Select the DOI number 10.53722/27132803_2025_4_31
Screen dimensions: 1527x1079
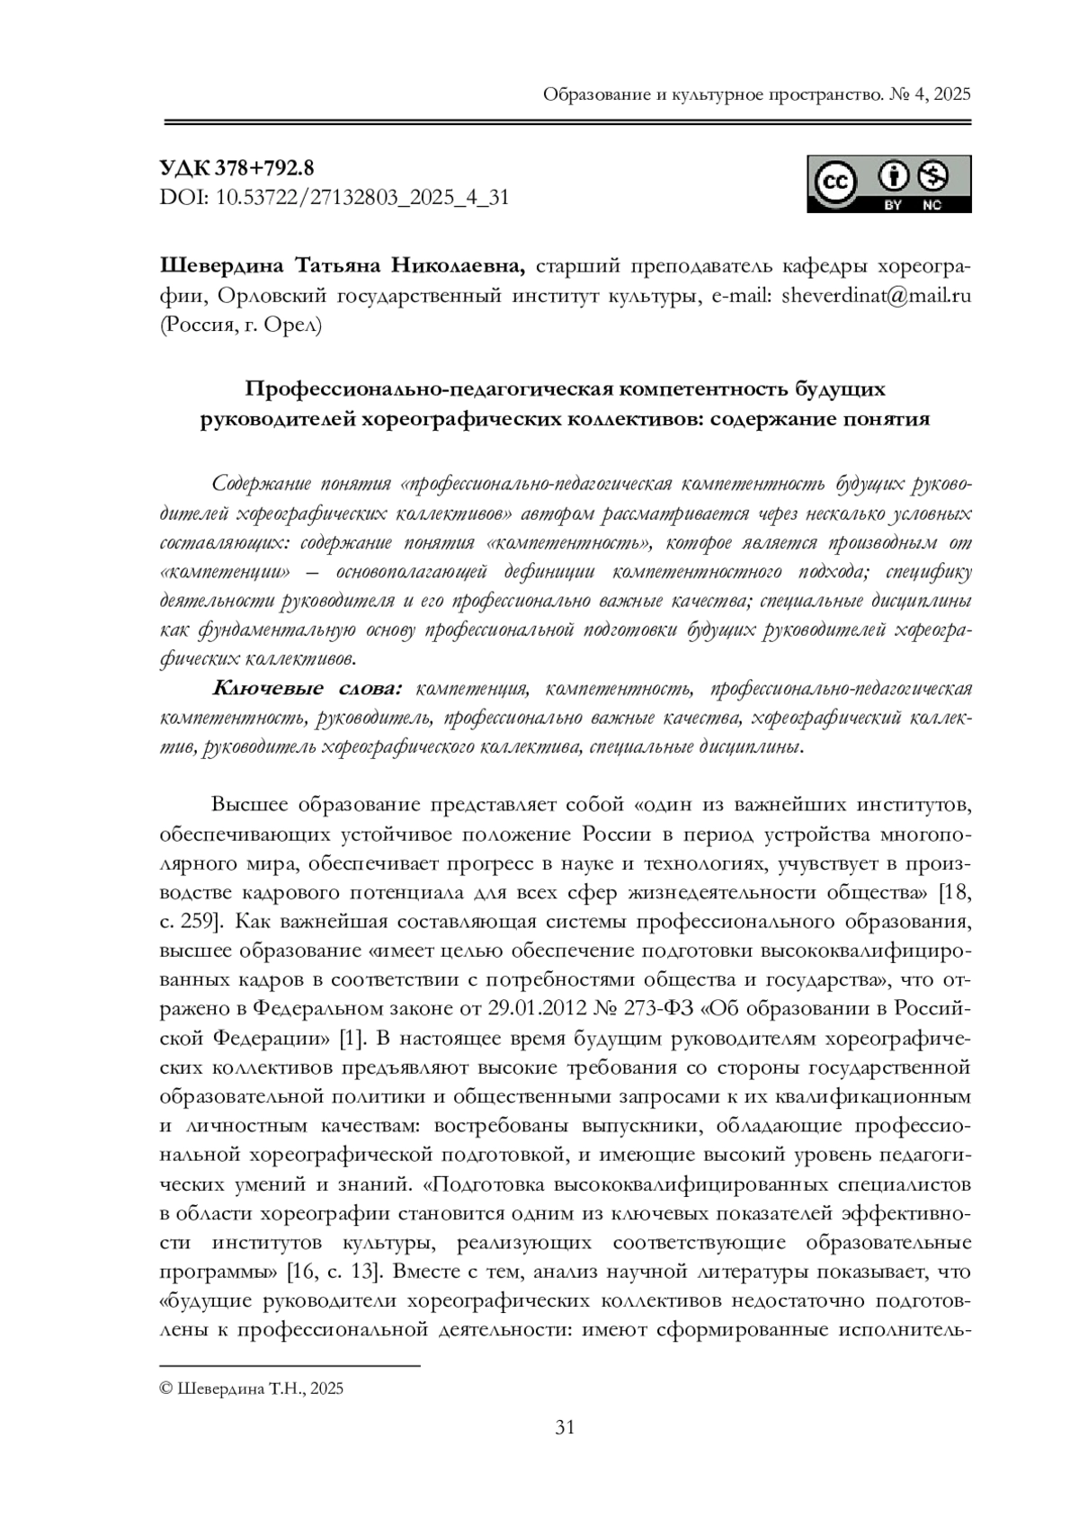[x=362, y=196]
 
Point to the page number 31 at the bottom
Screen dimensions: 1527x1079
[x=566, y=1426]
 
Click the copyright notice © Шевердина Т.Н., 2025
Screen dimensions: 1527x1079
[x=251, y=1389]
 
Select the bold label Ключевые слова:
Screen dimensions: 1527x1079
[x=307, y=689]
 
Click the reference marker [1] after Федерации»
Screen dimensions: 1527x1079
[x=351, y=1038]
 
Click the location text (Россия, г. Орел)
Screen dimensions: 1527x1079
[x=239, y=325]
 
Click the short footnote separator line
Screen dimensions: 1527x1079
[x=290, y=1366]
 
